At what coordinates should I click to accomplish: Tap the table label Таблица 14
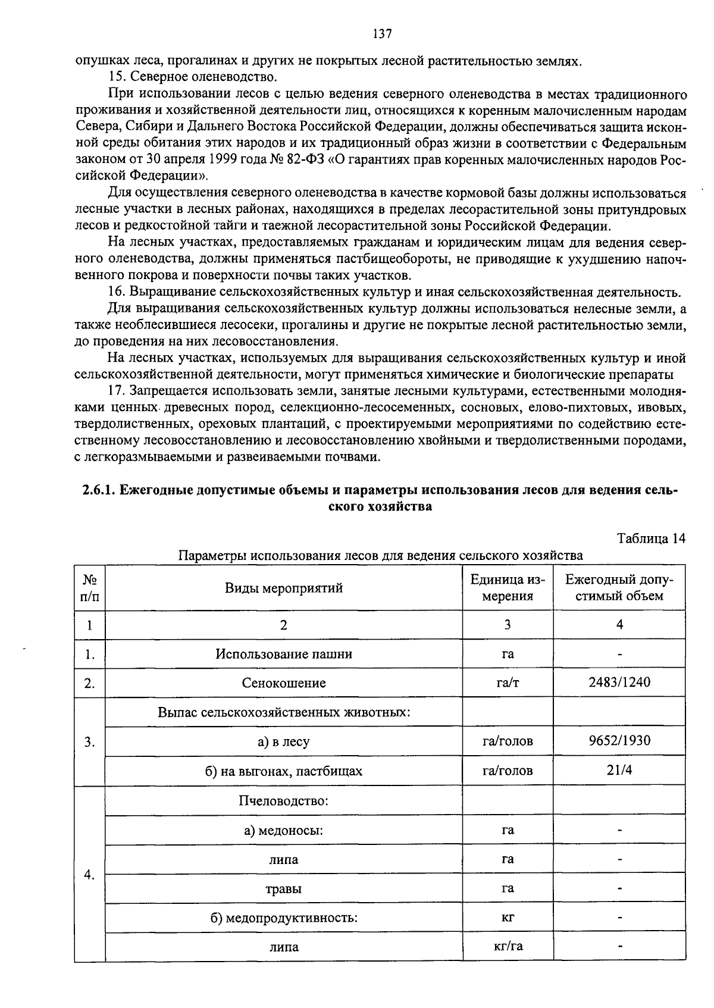(x=652, y=539)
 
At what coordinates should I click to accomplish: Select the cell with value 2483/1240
(x=619, y=683)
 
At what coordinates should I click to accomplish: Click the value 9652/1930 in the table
(x=619, y=741)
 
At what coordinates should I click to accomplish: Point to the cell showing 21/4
(x=619, y=770)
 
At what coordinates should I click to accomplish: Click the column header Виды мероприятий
(x=284, y=588)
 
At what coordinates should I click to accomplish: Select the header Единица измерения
(x=508, y=588)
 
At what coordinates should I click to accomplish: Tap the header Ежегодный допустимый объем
(x=619, y=588)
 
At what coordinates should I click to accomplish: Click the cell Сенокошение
(x=284, y=683)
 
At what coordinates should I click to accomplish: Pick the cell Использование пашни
(x=284, y=654)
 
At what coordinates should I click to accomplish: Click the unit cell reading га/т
(x=508, y=683)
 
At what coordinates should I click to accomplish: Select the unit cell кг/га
(x=508, y=946)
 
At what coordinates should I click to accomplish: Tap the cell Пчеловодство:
(x=284, y=800)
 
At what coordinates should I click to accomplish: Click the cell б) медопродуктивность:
(x=284, y=918)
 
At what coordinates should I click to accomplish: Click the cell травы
(x=283, y=889)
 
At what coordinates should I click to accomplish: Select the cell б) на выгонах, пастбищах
(x=284, y=771)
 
